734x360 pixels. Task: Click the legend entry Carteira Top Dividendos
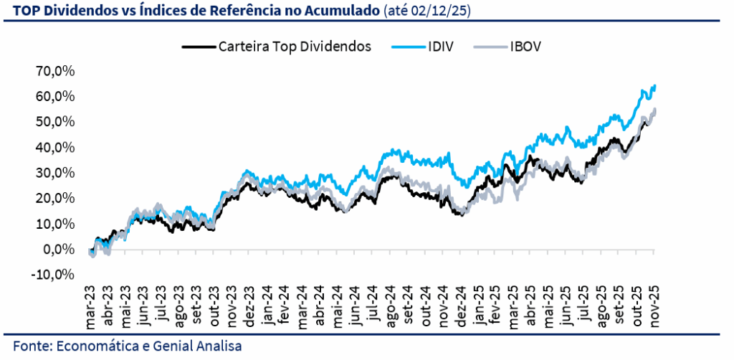[293, 47]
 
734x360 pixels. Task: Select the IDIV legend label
[440, 47]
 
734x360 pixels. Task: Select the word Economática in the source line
[103, 346]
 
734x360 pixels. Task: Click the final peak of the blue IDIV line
[654, 86]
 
